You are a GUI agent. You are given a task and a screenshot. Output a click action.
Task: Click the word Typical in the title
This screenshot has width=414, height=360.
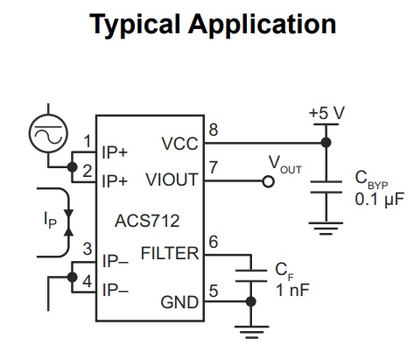tap(135, 25)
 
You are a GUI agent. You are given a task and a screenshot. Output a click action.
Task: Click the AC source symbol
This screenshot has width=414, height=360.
tap(48, 133)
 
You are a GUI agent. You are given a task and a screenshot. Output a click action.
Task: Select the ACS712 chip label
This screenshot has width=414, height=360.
tap(147, 221)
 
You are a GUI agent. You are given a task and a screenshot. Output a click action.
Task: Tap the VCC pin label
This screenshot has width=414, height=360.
tap(179, 144)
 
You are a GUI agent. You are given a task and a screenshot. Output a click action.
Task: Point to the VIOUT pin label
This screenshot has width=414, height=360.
tap(172, 180)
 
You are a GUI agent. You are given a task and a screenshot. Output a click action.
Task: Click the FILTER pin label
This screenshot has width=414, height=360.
tap(170, 253)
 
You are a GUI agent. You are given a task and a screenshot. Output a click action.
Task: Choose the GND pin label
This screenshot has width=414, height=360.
tap(179, 302)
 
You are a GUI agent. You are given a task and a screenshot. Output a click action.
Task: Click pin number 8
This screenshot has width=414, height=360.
tap(214, 130)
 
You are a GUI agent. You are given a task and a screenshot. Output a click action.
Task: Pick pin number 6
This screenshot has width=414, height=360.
tap(214, 242)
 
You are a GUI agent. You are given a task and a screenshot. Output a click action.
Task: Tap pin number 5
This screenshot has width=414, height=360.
tap(214, 291)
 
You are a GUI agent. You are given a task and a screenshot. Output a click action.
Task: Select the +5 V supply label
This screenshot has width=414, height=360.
tap(327, 113)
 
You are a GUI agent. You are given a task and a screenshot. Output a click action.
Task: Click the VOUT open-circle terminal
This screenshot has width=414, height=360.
tap(268, 181)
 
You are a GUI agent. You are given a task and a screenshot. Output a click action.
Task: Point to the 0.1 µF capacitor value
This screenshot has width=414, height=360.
tap(380, 200)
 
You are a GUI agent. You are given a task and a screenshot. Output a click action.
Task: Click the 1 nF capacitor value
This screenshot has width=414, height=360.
tap(292, 290)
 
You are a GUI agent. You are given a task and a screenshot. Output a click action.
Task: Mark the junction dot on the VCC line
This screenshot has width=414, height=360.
tap(326, 143)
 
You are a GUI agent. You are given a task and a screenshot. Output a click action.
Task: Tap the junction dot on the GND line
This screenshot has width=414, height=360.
tap(250, 301)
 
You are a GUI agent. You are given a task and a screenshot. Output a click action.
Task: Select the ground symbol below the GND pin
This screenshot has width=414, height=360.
tap(251, 332)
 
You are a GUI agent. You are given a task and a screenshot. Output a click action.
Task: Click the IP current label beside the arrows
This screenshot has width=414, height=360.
tap(50, 221)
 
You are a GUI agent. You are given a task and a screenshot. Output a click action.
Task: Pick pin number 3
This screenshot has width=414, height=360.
tap(88, 249)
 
